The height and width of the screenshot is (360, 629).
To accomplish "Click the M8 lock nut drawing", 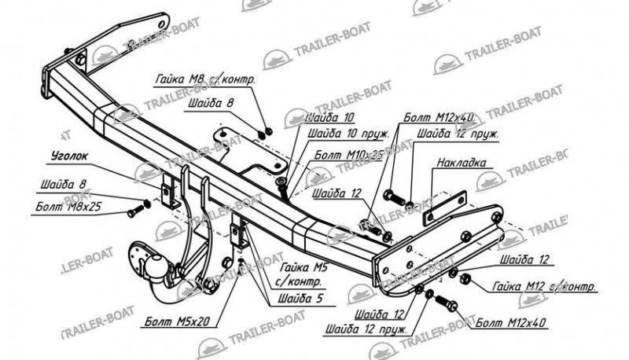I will (x=267, y=130).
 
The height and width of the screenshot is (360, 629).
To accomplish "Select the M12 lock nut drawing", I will (x=464, y=277).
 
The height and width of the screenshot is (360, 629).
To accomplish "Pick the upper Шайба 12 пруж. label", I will (x=458, y=134).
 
